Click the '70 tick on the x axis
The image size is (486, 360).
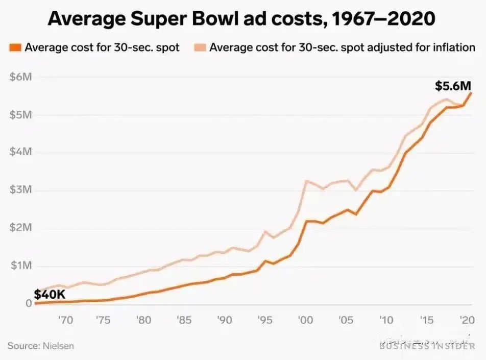pyautogui.click(x=65, y=320)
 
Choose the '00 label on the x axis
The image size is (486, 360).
pyautogui.click(x=306, y=320)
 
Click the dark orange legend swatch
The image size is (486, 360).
pyautogui.click(x=15, y=48)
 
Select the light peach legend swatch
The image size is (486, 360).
pyautogui.click(x=200, y=48)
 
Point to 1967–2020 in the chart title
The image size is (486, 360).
pyautogui.click(x=383, y=19)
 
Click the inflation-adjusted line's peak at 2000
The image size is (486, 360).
pyautogui.click(x=306, y=180)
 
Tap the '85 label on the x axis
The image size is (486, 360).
pyautogui.click(x=184, y=320)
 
